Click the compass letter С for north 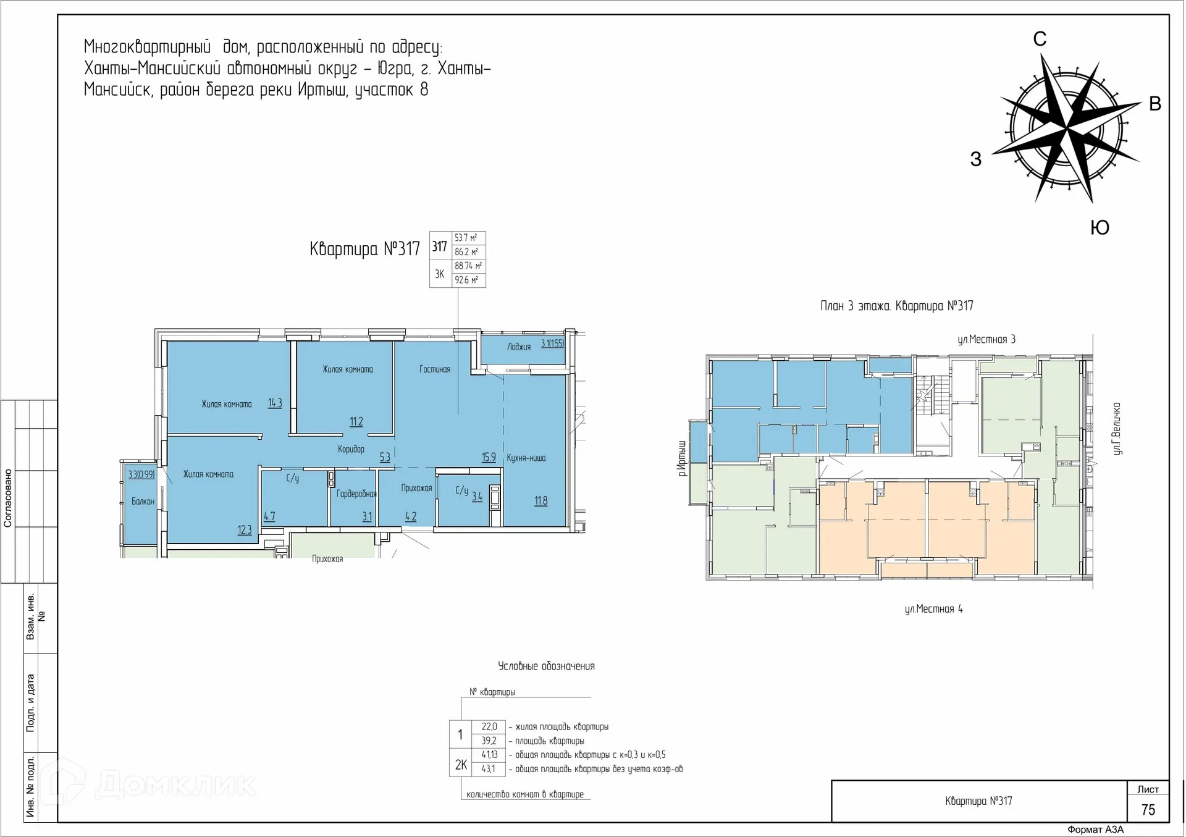[1040, 39]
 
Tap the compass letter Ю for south [1100, 227]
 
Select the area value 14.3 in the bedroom [275, 403]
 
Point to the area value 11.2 [356, 422]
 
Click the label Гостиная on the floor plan [435, 369]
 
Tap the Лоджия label [519, 347]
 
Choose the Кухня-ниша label [526, 458]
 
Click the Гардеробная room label [356, 494]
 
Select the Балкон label [143, 502]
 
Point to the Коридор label [351, 450]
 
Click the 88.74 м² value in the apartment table [468, 266]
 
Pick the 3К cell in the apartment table [440, 274]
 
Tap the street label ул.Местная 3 [986, 339]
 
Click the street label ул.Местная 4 [933, 609]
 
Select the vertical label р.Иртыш [682, 458]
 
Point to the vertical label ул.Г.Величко [1116, 429]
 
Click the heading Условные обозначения [546, 666]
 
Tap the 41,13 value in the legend [489, 755]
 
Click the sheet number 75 [1148, 810]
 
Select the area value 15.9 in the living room [489, 458]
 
